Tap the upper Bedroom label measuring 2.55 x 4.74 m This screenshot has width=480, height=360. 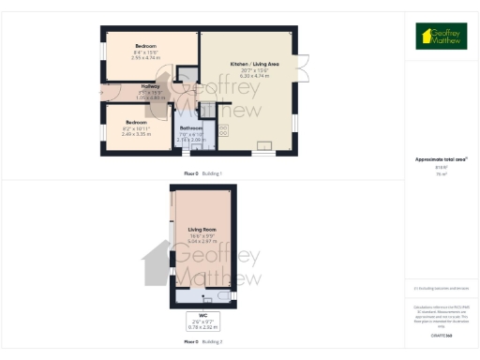[145, 46]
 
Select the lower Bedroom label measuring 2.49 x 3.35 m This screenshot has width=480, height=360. [136, 123]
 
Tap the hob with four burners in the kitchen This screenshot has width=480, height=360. [224, 131]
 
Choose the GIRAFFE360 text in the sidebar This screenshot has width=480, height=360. [441, 335]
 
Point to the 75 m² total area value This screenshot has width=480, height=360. [441, 174]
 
